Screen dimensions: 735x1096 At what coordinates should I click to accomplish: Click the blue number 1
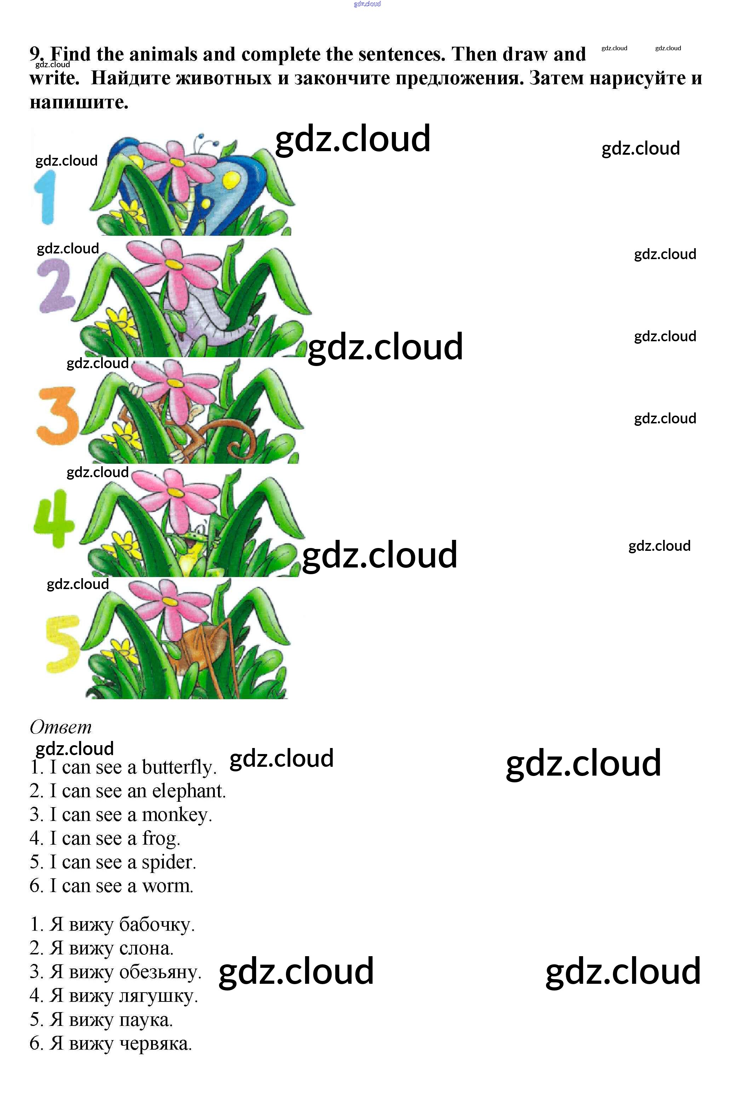click(x=45, y=197)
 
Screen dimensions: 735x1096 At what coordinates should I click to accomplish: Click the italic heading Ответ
click(x=61, y=727)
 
